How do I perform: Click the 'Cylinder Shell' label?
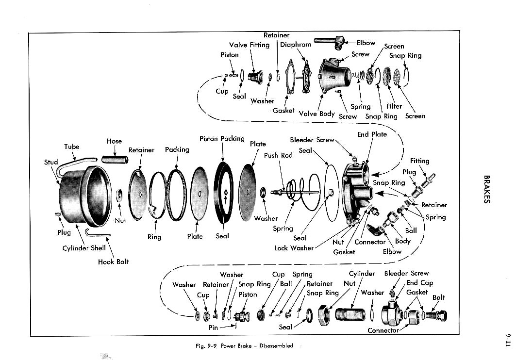(x=84, y=248)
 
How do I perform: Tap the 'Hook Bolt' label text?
(x=113, y=262)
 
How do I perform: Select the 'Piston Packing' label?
(x=222, y=139)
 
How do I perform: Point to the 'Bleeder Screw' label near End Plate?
(x=312, y=140)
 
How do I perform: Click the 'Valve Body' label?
(x=317, y=114)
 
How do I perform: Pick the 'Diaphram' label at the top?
(x=296, y=45)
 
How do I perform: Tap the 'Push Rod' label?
(x=278, y=156)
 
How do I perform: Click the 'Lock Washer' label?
(x=294, y=248)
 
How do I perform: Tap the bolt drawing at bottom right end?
(x=438, y=316)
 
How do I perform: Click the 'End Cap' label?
(x=419, y=282)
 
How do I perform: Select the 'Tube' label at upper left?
(x=71, y=147)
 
